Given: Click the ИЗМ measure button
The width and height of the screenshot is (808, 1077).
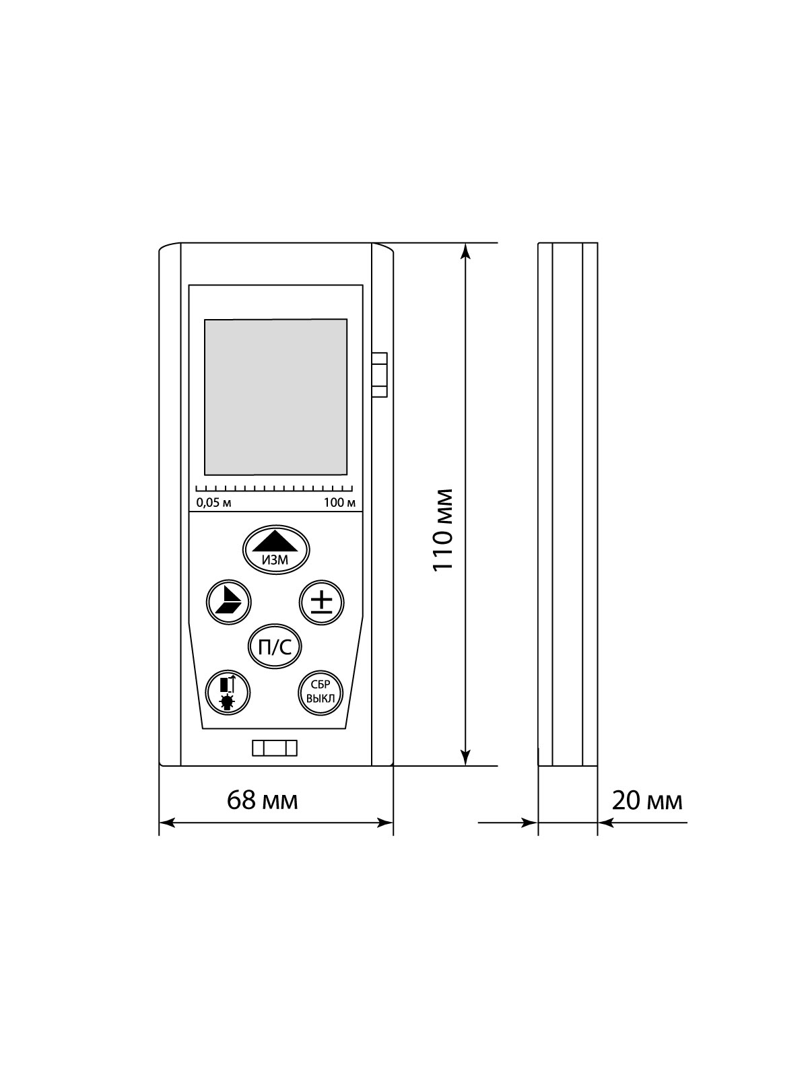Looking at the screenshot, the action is coord(275,549).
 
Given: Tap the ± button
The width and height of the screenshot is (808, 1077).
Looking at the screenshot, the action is coord(321,600).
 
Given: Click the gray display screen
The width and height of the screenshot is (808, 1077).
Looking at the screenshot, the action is coord(275,397).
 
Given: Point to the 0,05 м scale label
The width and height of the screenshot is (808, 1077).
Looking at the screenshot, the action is coord(213,502).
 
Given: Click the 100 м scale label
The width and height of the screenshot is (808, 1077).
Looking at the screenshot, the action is coord(339,502).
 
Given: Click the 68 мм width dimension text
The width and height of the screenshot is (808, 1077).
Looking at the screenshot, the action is coord(262,800).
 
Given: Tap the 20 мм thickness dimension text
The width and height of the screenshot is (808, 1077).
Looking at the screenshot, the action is coord(646,800).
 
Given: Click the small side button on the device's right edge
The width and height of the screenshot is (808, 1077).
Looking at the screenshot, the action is coord(380,374).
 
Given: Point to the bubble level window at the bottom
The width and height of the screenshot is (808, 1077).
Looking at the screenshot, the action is coord(275,749).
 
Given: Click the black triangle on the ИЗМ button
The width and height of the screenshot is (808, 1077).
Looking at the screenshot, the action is coord(275,541).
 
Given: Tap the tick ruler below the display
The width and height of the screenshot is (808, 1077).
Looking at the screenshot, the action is coord(275,489).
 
